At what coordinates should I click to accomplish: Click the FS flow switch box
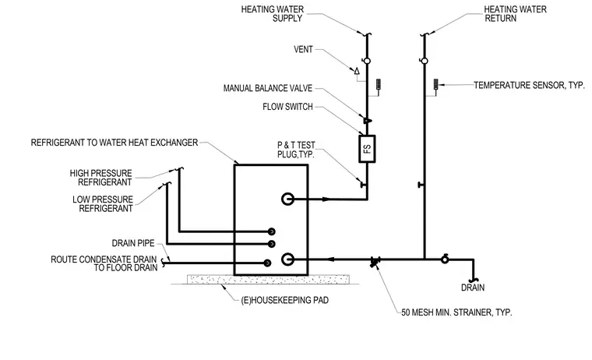point(367,149)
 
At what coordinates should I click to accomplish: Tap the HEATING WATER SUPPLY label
point(272,13)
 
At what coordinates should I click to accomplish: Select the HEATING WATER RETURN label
point(515,13)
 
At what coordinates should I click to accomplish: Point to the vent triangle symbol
point(357,71)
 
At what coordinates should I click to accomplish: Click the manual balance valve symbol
point(367,121)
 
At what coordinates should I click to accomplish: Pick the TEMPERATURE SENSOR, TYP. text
point(529,86)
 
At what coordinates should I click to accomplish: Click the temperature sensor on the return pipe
point(435,84)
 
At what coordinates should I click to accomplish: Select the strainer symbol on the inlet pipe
point(375,261)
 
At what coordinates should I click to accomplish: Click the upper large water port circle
point(287,199)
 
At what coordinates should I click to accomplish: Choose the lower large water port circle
point(287,259)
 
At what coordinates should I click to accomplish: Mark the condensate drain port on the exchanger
point(267,263)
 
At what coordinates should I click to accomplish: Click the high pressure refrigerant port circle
point(271,231)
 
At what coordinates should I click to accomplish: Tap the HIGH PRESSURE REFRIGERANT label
point(100,178)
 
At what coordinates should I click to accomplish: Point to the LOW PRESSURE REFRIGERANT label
point(103,203)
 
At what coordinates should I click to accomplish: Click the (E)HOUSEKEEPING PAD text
point(284,300)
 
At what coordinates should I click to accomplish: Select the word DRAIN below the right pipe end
point(473,288)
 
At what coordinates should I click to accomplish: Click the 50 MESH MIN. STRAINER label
point(456,312)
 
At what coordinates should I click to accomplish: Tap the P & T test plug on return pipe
point(420,185)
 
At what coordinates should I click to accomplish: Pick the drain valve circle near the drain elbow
point(445,259)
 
